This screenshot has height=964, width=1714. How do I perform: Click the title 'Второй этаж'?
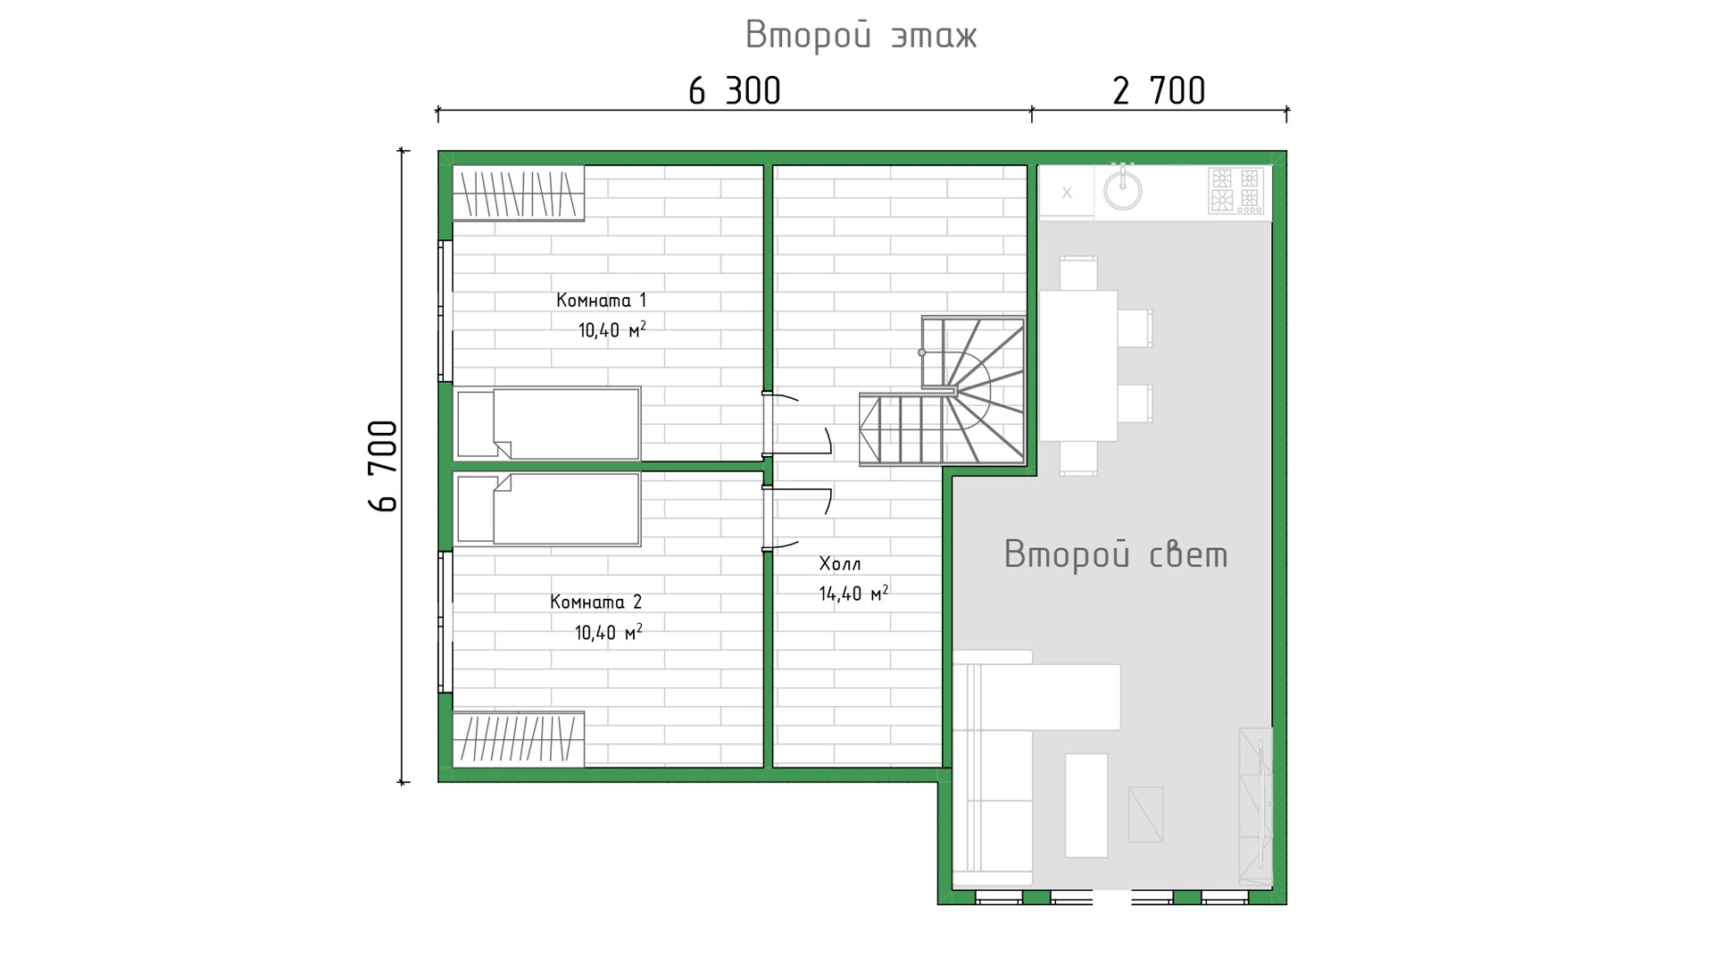(861, 36)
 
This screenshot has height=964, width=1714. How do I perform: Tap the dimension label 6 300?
(735, 91)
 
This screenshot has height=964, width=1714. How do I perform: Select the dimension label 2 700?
(1159, 91)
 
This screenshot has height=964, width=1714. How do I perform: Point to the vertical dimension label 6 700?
(383, 466)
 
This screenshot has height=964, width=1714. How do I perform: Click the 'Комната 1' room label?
(601, 300)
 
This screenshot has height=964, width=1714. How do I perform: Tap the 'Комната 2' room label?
(595, 602)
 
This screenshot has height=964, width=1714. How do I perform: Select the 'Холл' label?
(840, 563)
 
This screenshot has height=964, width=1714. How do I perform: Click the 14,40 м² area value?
(853, 593)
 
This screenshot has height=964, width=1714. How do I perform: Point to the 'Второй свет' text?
(1116, 554)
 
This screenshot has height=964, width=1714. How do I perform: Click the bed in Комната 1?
(547, 424)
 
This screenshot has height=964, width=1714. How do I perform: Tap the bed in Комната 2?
(547, 509)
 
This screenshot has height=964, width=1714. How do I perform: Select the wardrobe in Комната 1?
(519, 194)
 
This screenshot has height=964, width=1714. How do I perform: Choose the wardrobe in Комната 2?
(519, 739)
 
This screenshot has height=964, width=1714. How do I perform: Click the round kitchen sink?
(1122, 189)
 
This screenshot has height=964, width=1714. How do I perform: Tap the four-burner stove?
(1236, 191)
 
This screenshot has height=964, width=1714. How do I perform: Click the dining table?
(1078, 365)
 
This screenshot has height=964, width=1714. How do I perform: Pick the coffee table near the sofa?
(1086, 805)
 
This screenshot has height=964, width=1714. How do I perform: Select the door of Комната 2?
(797, 519)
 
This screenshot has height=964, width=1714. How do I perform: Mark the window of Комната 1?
(445, 311)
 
